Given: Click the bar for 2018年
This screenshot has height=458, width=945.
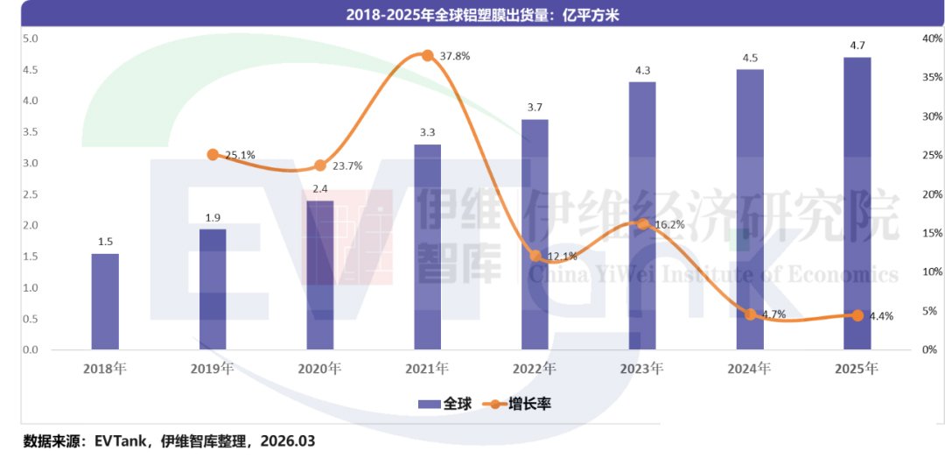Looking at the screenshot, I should [x=105, y=302].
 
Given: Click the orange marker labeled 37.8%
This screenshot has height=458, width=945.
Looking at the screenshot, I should [x=427, y=55].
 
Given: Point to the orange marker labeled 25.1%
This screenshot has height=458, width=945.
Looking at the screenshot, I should [x=213, y=154].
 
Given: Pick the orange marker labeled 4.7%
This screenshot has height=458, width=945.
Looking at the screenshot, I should [x=750, y=314].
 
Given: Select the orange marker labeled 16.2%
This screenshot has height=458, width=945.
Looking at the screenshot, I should [x=642, y=224].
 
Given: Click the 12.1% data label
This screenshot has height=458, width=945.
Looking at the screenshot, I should [x=561, y=257].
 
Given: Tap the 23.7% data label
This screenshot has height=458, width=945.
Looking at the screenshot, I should [x=346, y=166].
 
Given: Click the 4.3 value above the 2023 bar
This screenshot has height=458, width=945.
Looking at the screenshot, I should [x=642, y=70].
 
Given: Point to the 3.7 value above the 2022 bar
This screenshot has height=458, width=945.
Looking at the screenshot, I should [x=535, y=108].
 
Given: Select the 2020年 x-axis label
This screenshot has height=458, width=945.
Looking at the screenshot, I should [x=319, y=369].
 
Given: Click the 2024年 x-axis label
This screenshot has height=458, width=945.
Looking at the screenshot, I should [x=749, y=369].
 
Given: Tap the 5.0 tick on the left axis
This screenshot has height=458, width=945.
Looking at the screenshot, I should [x=30, y=39].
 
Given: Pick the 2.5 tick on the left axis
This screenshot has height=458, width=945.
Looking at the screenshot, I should [x=30, y=194].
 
